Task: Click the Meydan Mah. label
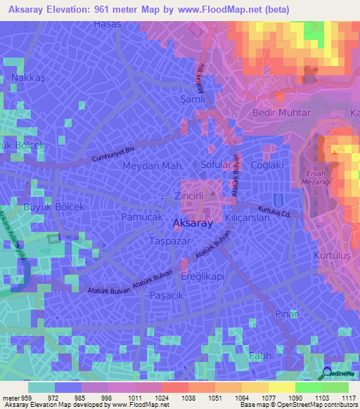pyautogui.click(x=153, y=166)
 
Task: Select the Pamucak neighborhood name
pyautogui.click(x=141, y=219)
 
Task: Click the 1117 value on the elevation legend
pyautogui.click(x=347, y=398)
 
